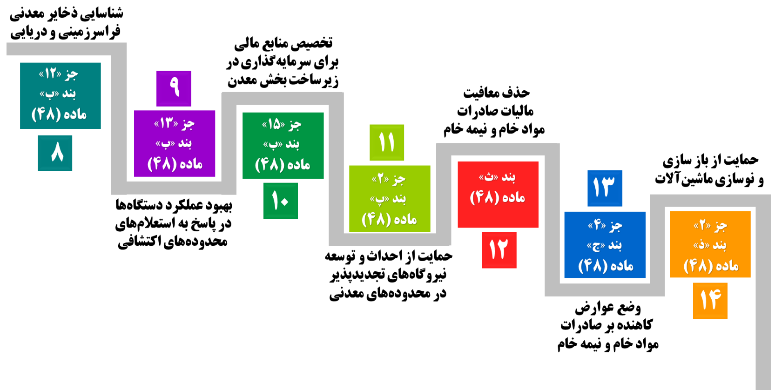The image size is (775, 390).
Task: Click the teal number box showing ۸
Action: (x=55, y=153)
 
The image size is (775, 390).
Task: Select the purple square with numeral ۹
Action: (x=174, y=88)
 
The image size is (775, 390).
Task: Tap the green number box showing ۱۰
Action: (x=281, y=201)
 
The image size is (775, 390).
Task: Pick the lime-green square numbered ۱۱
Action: (x=387, y=142)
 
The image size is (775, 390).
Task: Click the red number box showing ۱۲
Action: (x=499, y=250)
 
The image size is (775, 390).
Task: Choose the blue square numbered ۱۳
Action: (x=605, y=188)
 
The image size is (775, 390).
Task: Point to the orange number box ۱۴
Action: (x=710, y=300)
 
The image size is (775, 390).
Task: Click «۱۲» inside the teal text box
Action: (x=50, y=74)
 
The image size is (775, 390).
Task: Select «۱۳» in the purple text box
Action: (x=166, y=123)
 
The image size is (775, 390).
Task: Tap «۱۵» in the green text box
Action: (x=274, y=124)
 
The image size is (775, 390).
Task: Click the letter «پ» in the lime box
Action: (x=379, y=199)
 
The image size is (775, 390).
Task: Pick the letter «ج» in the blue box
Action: (x=595, y=245)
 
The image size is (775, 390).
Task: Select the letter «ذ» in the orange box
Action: (x=701, y=245)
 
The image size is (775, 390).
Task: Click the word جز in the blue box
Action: (x=615, y=226)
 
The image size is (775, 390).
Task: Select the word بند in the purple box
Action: (x=185, y=143)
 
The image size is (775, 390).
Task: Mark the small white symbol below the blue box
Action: (x=586, y=323)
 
